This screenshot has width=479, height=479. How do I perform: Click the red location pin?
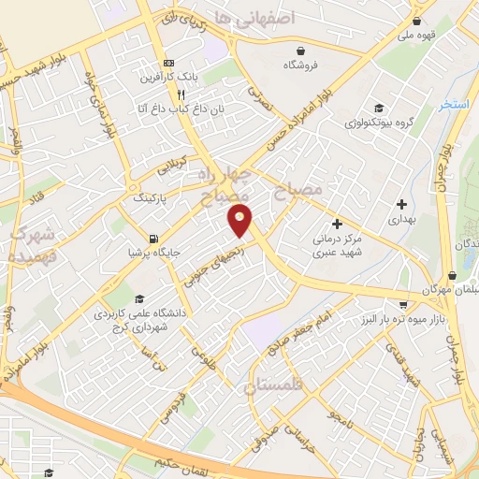pyautogui.click(x=240, y=220)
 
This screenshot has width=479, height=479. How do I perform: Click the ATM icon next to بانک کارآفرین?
pyautogui.click(x=168, y=63)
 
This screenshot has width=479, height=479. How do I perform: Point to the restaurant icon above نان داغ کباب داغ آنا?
pyautogui.click(x=181, y=94)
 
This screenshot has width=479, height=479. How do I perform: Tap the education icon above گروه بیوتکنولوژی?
pyautogui.click(x=378, y=108)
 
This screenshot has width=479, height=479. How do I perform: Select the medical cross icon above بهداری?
pyautogui.click(x=402, y=203)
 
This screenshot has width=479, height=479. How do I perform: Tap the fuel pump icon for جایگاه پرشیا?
pyautogui.click(x=152, y=238)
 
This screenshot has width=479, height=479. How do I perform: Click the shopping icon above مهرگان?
pyautogui.click(x=453, y=276)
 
